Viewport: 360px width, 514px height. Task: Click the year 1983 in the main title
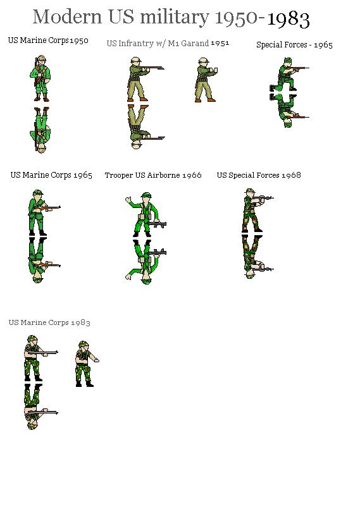pyautogui.click(x=289, y=19)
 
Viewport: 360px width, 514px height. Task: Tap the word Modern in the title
pyautogui.click(x=67, y=16)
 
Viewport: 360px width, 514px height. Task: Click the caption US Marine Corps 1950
pyautogui.click(x=48, y=40)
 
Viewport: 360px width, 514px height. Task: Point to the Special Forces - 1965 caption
pyautogui.click(x=294, y=45)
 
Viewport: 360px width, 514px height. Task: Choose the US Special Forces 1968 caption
pyautogui.click(x=259, y=175)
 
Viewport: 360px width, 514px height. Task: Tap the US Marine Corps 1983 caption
pyautogui.click(x=49, y=322)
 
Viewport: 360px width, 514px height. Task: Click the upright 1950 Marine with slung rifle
pyautogui.click(x=40, y=78)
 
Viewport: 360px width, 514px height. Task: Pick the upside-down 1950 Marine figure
pyautogui.click(x=40, y=130)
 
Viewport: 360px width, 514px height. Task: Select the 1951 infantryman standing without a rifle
pyautogui.click(x=206, y=80)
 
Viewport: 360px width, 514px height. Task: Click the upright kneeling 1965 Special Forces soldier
pyautogui.click(x=288, y=75)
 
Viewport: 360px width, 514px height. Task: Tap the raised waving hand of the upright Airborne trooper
pyautogui.click(x=128, y=200)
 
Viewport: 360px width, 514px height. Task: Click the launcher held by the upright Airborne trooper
pyautogui.click(x=157, y=224)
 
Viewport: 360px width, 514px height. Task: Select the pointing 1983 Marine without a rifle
pyautogui.click(x=87, y=364)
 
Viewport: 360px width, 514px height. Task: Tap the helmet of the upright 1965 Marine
pyautogui.click(x=37, y=193)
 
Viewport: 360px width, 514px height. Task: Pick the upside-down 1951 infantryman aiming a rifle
pyautogui.click(x=145, y=127)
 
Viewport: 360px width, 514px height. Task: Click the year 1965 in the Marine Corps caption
pyautogui.click(x=82, y=175)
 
